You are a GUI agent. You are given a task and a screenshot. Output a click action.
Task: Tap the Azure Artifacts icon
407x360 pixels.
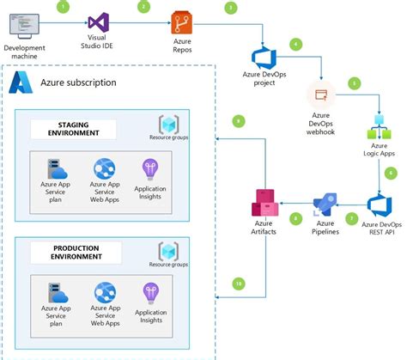click(263, 204)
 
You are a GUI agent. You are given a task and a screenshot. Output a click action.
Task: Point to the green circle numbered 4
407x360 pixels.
click(296, 43)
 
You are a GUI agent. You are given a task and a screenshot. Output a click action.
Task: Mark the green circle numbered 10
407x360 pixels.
click(239, 283)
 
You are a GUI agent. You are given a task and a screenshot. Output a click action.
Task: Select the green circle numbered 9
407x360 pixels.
click(239, 121)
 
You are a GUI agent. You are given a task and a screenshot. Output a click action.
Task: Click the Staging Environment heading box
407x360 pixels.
click(77, 129)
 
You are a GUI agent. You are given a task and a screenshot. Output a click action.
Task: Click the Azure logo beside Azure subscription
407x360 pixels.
click(20, 83)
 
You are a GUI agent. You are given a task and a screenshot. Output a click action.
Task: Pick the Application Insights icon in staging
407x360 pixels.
click(151, 168)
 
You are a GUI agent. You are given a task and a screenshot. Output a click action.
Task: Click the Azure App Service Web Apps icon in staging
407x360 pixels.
click(104, 168)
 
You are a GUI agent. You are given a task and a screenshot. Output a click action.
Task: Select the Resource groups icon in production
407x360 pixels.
click(168, 250)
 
